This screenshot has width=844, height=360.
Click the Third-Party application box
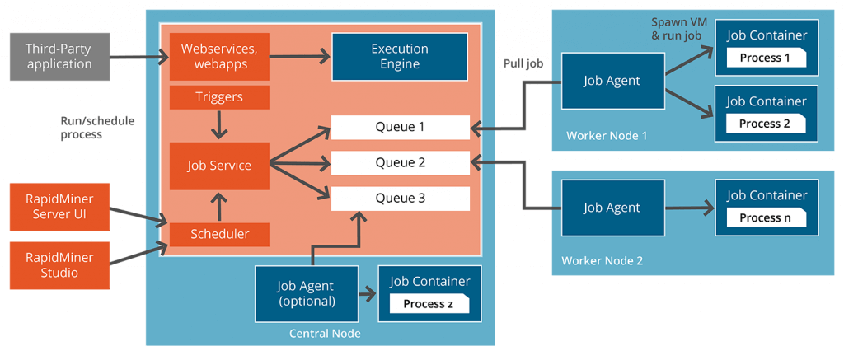click(x=59, y=57)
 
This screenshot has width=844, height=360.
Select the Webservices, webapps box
click(x=219, y=57)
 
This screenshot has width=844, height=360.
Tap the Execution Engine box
click(x=400, y=57)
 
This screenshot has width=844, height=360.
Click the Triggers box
click(x=219, y=97)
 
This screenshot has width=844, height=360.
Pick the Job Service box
click(x=219, y=166)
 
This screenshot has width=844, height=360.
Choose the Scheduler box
click(x=219, y=234)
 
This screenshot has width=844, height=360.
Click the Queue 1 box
click(x=401, y=128)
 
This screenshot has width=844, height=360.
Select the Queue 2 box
click(x=401, y=163)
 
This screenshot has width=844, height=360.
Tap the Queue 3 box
click(x=401, y=199)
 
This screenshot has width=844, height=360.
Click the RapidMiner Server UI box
click(x=59, y=207)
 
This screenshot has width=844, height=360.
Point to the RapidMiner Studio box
click(x=59, y=265)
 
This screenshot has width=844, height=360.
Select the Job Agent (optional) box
click(x=307, y=294)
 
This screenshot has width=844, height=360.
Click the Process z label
click(x=429, y=304)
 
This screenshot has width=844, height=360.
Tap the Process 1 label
click(x=766, y=58)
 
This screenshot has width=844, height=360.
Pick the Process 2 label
click(x=766, y=124)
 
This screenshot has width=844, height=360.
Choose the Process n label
click(x=766, y=217)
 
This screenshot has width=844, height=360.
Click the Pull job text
click(x=523, y=63)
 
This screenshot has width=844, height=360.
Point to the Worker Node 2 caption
click(x=602, y=261)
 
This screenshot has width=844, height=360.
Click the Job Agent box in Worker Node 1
click(x=612, y=81)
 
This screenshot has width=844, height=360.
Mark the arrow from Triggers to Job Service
click(x=219, y=124)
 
